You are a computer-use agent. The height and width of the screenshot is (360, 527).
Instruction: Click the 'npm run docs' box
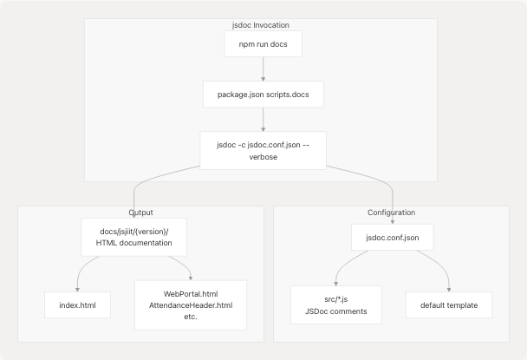(x=263, y=44)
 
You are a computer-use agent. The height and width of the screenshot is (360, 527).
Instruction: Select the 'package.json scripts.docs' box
(x=263, y=94)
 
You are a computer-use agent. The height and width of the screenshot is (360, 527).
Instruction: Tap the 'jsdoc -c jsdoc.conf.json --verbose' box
(x=263, y=149)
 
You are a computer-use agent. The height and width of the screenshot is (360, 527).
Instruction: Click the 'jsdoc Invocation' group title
(x=263, y=25)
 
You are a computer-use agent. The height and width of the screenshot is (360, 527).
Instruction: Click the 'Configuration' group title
(x=391, y=213)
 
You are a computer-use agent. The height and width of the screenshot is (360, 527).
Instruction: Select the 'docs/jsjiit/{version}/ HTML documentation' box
(x=134, y=236)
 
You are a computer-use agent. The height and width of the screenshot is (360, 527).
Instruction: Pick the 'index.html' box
(x=78, y=304)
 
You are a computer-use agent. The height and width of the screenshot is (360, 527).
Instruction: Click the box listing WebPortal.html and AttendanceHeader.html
(x=191, y=304)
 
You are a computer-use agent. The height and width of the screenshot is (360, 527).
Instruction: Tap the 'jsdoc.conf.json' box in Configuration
(x=391, y=237)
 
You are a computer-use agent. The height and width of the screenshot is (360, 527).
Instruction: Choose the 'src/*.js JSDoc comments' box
(x=335, y=304)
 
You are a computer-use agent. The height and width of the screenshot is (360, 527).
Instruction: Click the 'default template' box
(x=448, y=304)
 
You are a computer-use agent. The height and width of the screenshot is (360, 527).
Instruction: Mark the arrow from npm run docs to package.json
(x=263, y=69)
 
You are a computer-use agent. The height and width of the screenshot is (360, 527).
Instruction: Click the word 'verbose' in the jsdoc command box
(x=263, y=156)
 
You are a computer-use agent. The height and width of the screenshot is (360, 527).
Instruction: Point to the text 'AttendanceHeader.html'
(x=191, y=305)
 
